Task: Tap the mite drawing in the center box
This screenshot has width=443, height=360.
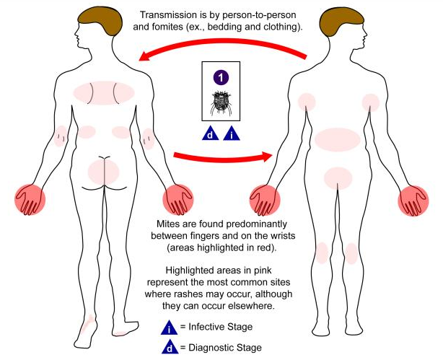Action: pyautogui.click(x=221, y=103)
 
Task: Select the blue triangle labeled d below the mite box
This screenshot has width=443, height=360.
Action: pyautogui.click(x=211, y=133)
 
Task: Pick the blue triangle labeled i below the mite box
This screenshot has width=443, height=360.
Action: pyautogui.click(x=231, y=133)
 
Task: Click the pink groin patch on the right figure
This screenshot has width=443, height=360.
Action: pyautogui.click(x=338, y=176)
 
